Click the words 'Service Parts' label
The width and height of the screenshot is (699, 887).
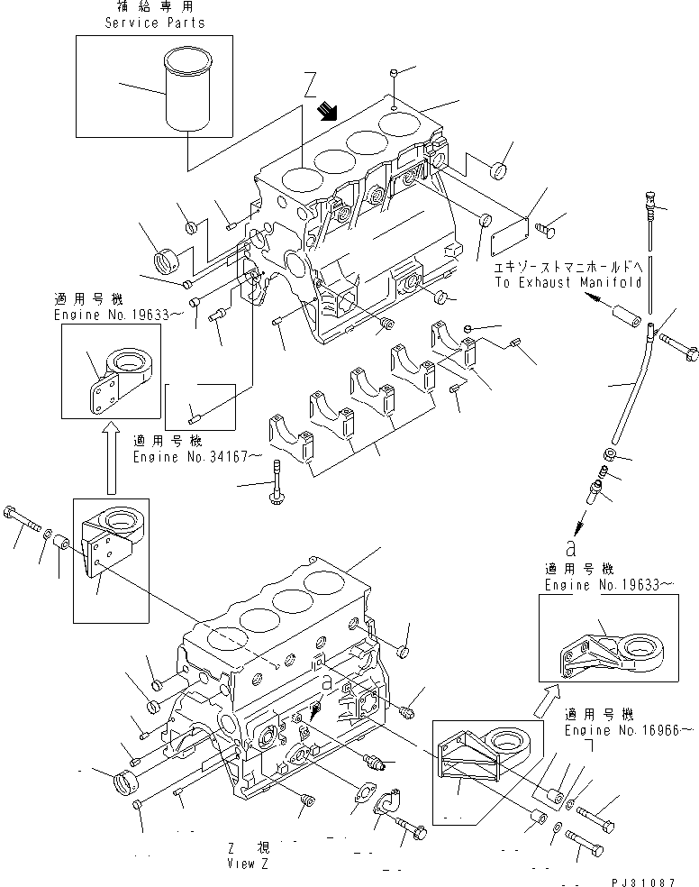point(155,23)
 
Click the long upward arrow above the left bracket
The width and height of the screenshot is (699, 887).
point(110,459)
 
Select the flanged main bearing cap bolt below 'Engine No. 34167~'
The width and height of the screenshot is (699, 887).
point(277,481)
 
